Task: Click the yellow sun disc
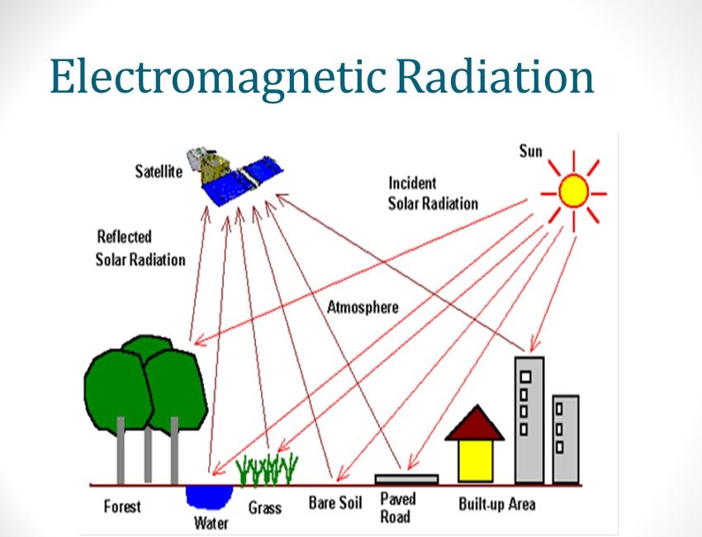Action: tap(572, 191)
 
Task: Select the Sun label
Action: tap(530, 151)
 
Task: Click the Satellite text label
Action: tap(159, 172)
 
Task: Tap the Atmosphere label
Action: tap(363, 307)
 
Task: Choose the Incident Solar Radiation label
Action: tap(433, 192)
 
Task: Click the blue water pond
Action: tap(201, 496)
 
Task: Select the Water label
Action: tap(211, 522)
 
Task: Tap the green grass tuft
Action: tap(267, 471)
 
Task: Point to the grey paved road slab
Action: tap(406, 478)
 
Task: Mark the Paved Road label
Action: tap(397, 507)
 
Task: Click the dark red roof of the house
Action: tap(475, 424)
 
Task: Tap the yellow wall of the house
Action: tap(475, 460)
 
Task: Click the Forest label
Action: tap(122, 506)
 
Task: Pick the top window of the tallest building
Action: tap(524, 376)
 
